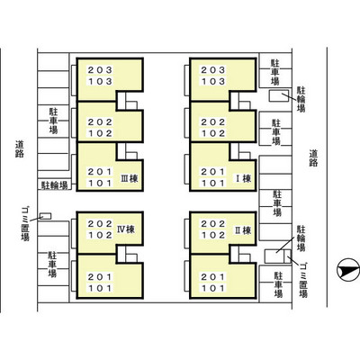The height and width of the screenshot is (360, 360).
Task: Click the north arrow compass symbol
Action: pyautogui.click(x=348, y=270)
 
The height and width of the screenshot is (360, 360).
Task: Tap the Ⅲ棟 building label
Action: pyautogui.click(x=130, y=179)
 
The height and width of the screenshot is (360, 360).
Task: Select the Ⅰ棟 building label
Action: pyautogui.click(x=243, y=179)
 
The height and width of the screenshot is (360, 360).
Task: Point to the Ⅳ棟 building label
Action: pyautogui.click(x=126, y=229)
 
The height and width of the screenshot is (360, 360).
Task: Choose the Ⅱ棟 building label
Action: pyautogui.click(x=243, y=230)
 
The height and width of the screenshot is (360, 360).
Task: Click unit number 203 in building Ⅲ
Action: pyautogui.click(x=100, y=70)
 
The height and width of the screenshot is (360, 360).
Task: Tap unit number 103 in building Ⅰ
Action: pyautogui.click(x=213, y=81)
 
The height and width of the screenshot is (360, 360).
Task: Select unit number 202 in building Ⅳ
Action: pyautogui.click(x=100, y=224)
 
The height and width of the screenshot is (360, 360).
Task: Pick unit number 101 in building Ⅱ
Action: pyautogui.click(x=213, y=288)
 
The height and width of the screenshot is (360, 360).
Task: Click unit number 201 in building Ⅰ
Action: pyautogui.click(x=213, y=172)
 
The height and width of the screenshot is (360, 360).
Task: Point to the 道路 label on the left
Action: pyautogui.click(x=20, y=149)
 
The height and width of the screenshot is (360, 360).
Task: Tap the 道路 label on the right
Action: pyautogui.click(x=313, y=158)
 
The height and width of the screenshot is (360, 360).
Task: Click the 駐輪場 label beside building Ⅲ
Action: pyautogui.click(x=54, y=185)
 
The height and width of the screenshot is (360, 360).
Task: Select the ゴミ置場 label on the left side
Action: pyautogui.click(x=25, y=223)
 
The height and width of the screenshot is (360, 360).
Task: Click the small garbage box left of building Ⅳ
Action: pyautogui.click(x=46, y=216)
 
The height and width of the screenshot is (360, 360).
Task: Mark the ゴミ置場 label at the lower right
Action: pyautogui.click(x=303, y=280)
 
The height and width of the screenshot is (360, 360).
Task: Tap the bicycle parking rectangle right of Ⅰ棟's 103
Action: pyautogui.click(x=279, y=95)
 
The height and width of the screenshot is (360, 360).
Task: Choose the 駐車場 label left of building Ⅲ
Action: pyautogui.click(x=54, y=121)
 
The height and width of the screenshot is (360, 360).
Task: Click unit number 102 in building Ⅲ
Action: pyautogui.click(x=100, y=133)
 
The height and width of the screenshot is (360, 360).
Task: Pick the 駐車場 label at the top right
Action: pyautogui.click(x=275, y=72)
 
